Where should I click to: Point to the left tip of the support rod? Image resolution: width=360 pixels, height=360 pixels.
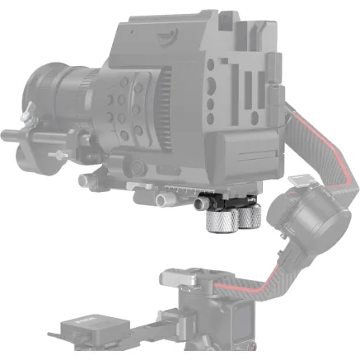coord(6,132)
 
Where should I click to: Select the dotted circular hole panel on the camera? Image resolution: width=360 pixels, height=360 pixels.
coord(124,108)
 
